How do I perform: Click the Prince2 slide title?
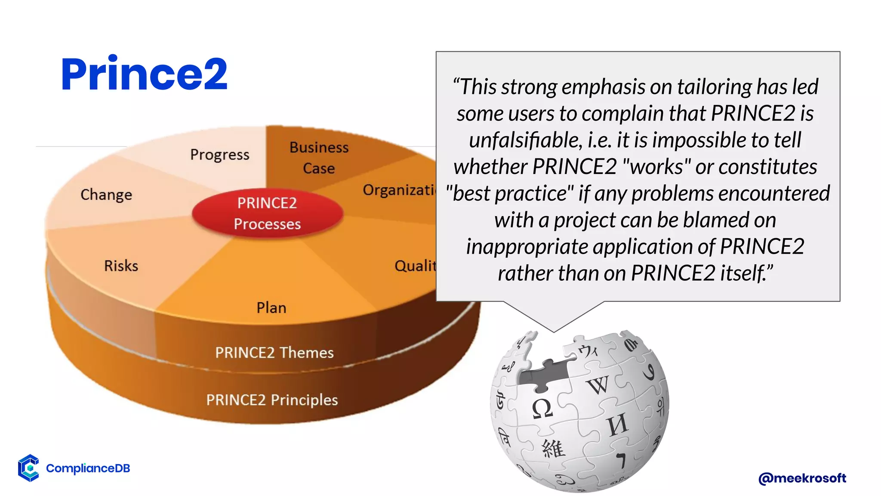[144, 74]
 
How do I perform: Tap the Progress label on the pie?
[220, 155]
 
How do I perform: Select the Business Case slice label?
[319, 158]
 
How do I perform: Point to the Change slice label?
[106, 195]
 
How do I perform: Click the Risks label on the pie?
[121, 266]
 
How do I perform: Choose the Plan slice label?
[271, 308]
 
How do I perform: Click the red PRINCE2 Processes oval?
[267, 213]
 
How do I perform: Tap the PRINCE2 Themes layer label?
[274, 353]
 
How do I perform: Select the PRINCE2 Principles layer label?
[272, 400]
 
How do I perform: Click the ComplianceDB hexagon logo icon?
[28, 468]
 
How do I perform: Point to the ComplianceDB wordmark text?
[88, 468]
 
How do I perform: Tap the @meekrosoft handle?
[802, 478]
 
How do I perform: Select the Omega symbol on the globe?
[542, 409]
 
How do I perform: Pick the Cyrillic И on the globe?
[618, 425]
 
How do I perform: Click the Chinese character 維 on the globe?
[553, 449]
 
